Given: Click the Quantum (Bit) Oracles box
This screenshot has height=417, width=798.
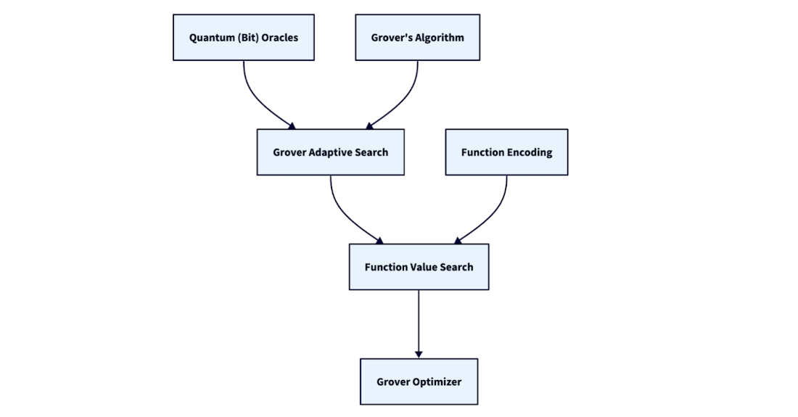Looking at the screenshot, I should pos(243,38).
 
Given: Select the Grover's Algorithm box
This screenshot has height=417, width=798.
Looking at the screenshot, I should pos(417,38).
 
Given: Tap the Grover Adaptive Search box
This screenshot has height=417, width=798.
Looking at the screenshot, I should pos(330,152).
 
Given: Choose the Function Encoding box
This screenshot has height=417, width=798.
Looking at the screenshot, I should pos(506,152).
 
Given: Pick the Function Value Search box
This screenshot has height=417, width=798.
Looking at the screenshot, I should pos(419,267).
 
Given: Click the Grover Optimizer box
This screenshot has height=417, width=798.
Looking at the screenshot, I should pos(419,381).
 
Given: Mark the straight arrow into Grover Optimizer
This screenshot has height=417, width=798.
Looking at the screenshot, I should pos(419,323).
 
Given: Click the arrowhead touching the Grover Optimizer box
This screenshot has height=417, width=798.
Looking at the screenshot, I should pos(419,354).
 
